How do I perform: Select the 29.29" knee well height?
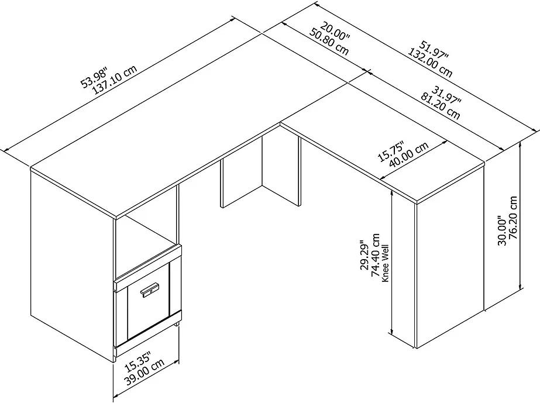pyautogui.click(x=364, y=255)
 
